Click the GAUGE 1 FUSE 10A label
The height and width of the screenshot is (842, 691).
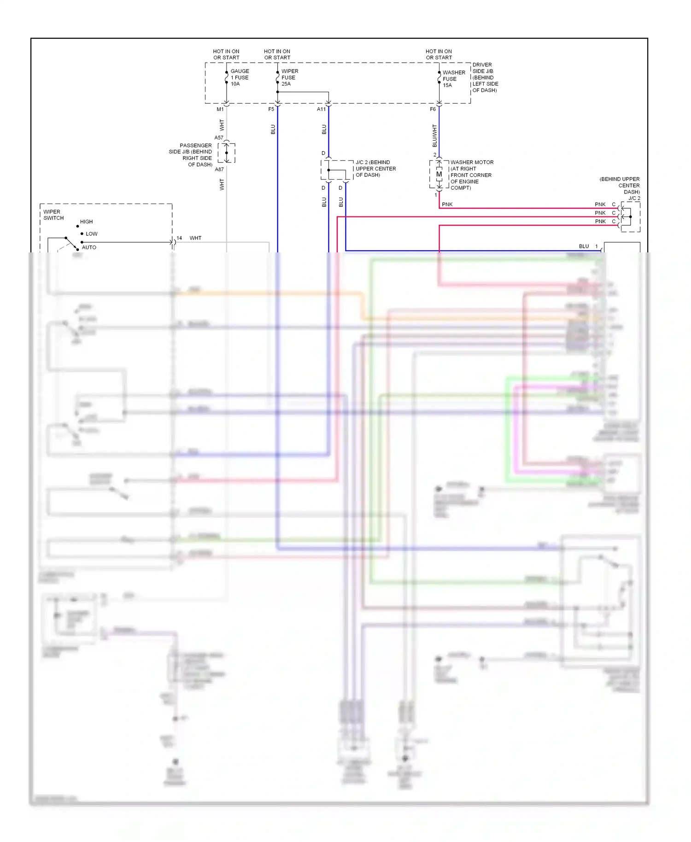(240, 77)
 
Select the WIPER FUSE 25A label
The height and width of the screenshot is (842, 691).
(289, 77)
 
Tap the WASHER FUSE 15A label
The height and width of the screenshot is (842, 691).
(453, 79)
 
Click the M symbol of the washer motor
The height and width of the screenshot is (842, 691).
(439, 175)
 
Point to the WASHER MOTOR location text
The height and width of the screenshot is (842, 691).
(471, 175)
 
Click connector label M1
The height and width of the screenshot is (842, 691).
(220, 109)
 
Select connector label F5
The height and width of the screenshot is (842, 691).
(271, 109)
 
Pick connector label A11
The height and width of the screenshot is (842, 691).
(321, 109)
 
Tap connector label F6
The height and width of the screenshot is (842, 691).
(433, 109)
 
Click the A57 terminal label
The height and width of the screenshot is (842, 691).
(219, 138)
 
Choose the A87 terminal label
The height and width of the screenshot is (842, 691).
(219, 170)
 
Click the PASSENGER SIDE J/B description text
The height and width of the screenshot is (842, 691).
(191, 155)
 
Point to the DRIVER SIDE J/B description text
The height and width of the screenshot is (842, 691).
(485, 77)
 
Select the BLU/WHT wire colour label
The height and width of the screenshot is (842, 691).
(434, 135)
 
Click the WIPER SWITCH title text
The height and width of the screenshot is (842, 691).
(53, 215)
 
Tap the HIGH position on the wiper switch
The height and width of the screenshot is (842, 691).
(86, 222)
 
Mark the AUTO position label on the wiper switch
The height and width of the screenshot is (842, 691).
(89, 247)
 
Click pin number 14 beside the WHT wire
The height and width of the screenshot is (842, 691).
(179, 238)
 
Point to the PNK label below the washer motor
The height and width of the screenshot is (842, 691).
(447, 205)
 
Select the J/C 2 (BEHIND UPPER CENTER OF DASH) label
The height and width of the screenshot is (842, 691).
(375, 169)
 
